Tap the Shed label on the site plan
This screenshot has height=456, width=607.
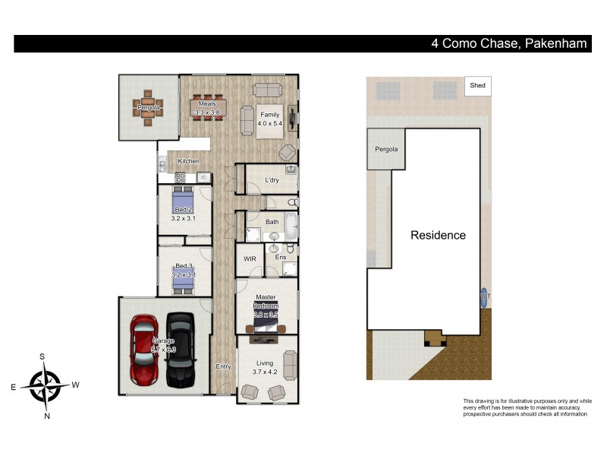477,86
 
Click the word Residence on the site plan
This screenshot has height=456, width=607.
438,236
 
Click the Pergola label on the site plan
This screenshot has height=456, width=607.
386,149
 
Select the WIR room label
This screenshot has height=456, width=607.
250,259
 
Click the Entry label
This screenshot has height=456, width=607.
223,367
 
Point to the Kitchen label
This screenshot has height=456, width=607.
188,162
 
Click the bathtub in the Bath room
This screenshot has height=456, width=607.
291,229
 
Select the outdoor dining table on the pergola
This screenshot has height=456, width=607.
149,107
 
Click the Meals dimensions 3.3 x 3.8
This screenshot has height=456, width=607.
207,112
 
